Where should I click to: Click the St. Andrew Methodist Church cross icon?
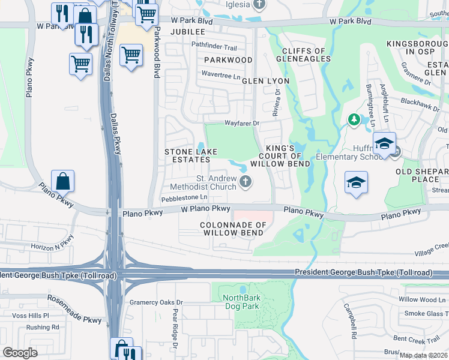pos(245,182)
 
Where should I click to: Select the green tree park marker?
pos(354,120)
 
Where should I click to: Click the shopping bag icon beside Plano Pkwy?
pos(63,181)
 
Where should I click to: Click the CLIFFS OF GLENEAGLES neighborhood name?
pos(303,55)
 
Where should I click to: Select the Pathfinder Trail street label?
pos(214,46)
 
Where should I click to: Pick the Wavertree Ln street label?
pos(220,76)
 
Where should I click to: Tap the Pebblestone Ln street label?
pos(184,197)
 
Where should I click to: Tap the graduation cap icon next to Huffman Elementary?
pos(384,144)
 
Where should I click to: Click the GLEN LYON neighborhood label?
pos(265,80)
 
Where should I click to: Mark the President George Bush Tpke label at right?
pos(363,273)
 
